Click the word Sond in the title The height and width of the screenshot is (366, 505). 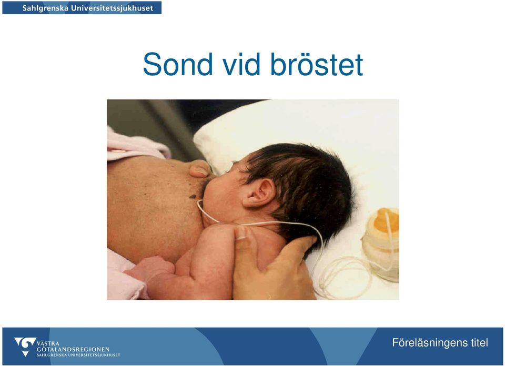(x=178, y=64)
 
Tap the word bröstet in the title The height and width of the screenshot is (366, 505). (x=317, y=64)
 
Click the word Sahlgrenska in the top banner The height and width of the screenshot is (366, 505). (x=45, y=8)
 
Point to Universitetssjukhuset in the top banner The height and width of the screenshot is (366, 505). (x=112, y=8)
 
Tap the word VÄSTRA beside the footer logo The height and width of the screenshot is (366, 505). (x=48, y=343)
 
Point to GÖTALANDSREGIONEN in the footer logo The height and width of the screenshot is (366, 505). (x=73, y=349)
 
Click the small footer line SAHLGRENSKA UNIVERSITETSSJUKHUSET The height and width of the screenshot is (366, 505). (x=78, y=355)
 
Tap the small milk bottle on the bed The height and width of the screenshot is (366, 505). (x=381, y=245)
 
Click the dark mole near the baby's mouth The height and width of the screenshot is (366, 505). (x=193, y=196)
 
